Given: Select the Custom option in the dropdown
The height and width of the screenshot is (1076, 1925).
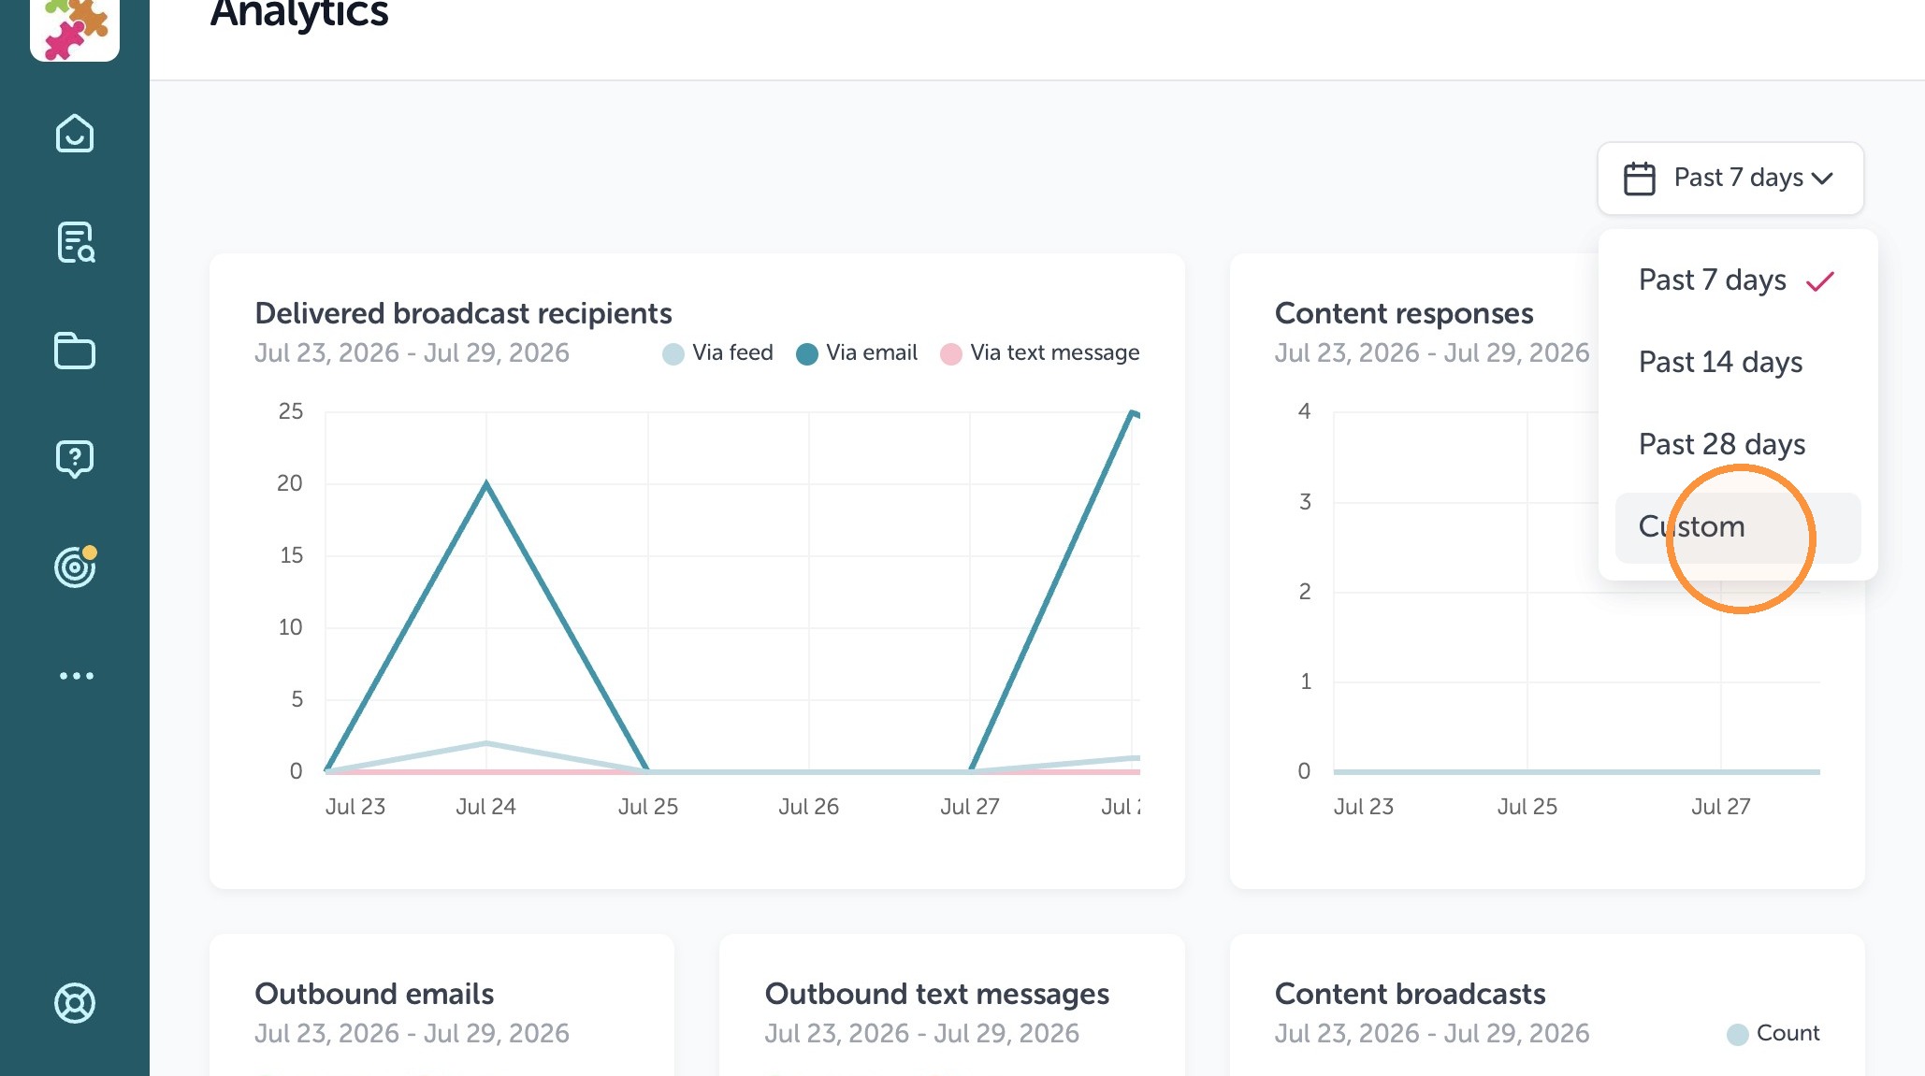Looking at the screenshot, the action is tap(1691, 526).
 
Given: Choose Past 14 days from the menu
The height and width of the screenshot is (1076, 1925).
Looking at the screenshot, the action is tap(1720, 362).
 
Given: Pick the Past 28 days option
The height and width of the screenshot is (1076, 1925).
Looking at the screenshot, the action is tap(1722, 444).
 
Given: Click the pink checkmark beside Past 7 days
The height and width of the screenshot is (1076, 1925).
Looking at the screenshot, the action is tap(1820, 280).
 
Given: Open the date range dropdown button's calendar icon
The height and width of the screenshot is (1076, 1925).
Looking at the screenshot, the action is tap(1639, 179).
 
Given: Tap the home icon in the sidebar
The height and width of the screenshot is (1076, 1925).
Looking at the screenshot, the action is tap(75, 134).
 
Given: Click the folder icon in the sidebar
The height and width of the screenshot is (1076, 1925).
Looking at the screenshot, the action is tap(75, 351).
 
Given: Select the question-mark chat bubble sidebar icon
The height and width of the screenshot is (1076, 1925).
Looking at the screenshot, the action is tap(75, 459).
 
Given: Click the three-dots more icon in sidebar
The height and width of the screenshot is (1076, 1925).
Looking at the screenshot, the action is tap(77, 676).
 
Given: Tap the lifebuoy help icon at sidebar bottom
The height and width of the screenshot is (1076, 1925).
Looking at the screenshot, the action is tap(75, 1003).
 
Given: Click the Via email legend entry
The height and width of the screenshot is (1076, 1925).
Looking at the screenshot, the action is tap(857, 353).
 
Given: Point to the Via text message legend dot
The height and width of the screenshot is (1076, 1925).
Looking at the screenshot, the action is tap(950, 354).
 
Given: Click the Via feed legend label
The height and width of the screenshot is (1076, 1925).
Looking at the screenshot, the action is tap(732, 352).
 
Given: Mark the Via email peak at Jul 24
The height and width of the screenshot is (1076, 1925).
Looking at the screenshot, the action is tap(486, 483).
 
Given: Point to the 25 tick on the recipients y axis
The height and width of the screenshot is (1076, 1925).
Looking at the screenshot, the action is tap(291, 411).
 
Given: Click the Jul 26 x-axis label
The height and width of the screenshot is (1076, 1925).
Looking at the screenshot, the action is tap(808, 807).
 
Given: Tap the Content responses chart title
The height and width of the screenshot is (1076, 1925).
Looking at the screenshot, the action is tap(1404, 313).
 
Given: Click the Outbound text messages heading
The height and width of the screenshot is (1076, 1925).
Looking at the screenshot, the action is tap(937, 994).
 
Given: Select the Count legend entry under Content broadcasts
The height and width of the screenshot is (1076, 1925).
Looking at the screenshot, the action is tap(1773, 1033).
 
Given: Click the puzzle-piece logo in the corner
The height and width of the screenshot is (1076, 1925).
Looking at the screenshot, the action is tap(75, 27).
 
